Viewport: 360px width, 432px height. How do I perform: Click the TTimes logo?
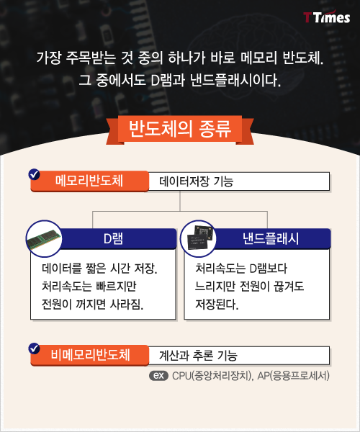tap(327, 17)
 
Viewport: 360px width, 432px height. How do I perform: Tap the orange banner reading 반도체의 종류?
tap(180, 130)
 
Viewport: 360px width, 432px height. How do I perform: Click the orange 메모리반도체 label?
tap(90, 181)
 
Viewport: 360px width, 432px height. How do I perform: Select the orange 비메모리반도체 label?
tap(90, 355)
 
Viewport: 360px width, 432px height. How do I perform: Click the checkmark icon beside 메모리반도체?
tap(34, 174)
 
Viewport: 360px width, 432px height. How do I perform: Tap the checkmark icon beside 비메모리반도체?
tap(34, 348)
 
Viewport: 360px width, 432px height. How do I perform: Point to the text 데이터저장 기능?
tap(196, 181)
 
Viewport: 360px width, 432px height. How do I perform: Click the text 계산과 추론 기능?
tap(198, 356)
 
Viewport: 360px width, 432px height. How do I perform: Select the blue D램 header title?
tap(113, 238)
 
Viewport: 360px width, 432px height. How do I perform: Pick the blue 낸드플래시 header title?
tap(271, 238)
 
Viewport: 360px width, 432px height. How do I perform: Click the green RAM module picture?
tap(44, 238)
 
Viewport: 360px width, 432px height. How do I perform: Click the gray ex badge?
tap(158, 376)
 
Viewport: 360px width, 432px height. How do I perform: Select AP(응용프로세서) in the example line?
tap(293, 376)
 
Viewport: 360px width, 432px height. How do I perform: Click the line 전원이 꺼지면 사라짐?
tap(93, 305)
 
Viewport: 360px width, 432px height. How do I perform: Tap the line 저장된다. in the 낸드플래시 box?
tap(217, 305)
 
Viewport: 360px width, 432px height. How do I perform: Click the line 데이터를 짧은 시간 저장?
tap(99, 269)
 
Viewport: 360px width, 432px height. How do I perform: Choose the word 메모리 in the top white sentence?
tap(258, 58)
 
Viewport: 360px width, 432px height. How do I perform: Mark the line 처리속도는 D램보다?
tap(241, 269)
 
